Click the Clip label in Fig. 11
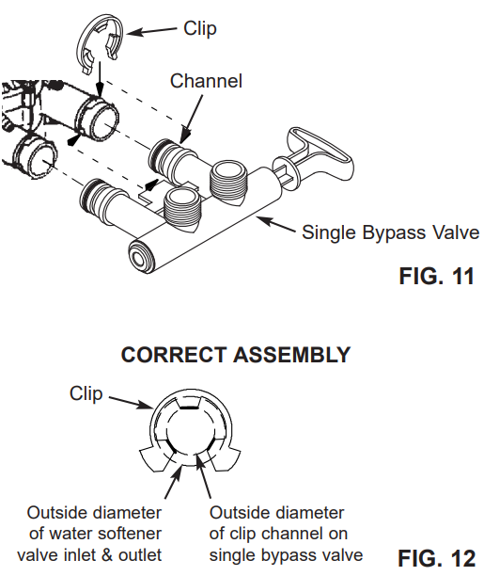point(200,28)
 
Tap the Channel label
point(206,81)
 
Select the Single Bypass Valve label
point(390,232)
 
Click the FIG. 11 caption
point(436,277)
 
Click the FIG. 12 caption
point(436,558)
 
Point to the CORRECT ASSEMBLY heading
point(236,355)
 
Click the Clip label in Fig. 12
point(86,393)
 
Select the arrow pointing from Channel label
point(192,119)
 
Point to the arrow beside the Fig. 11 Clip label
point(151,31)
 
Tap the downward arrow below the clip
point(100,79)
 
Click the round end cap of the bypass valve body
point(140,257)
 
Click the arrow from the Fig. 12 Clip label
point(131,402)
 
